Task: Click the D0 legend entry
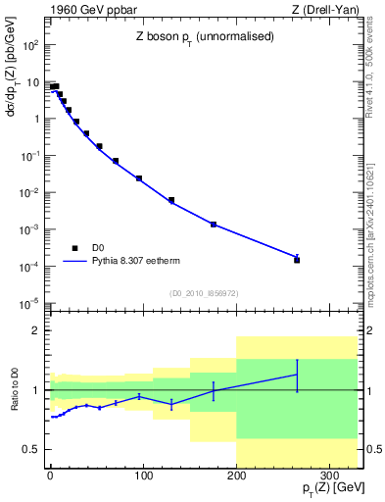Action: tap(86, 248)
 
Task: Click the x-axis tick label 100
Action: tap(143, 477)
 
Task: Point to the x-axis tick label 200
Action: tap(236, 477)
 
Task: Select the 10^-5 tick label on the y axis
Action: tap(29, 303)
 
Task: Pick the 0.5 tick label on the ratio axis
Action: tap(29, 449)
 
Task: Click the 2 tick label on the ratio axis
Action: tap(35, 331)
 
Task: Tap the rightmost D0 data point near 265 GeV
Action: tap(297, 260)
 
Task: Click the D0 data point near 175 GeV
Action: tap(214, 225)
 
